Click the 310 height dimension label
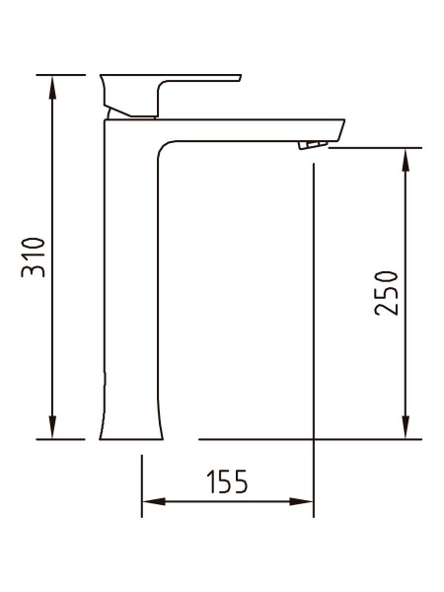pyautogui.click(x=34, y=258)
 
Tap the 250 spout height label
pyautogui.click(x=386, y=293)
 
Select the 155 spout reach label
pyautogui.click(x=228, y=481)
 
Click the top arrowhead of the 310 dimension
pyautogui.click(x=52, y=87)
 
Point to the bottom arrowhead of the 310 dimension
pyautogui.click(x=52, y=427)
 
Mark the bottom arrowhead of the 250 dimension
pyautogui.click(x=406, y=427)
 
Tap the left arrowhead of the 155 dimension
pyautogui.click(x=154, y=502)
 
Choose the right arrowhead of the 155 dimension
pyautogui.click(x=301, y=502)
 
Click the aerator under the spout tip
pyautogui.click(x=313, y=145)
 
